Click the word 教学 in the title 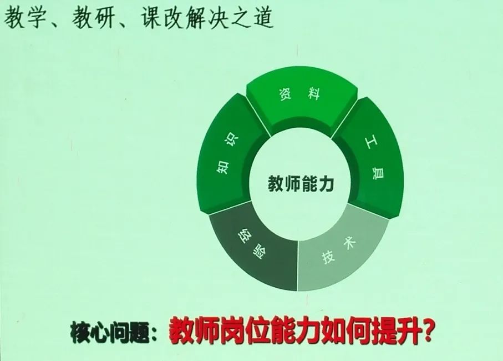[x=26, y=18]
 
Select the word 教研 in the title [x=93, y=18]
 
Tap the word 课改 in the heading [x=162, y=18]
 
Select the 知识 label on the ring [x=227, y=154]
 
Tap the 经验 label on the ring [x=252, y=244]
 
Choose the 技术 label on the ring [x=339, y=252]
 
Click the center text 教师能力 [x=301, y=183]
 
